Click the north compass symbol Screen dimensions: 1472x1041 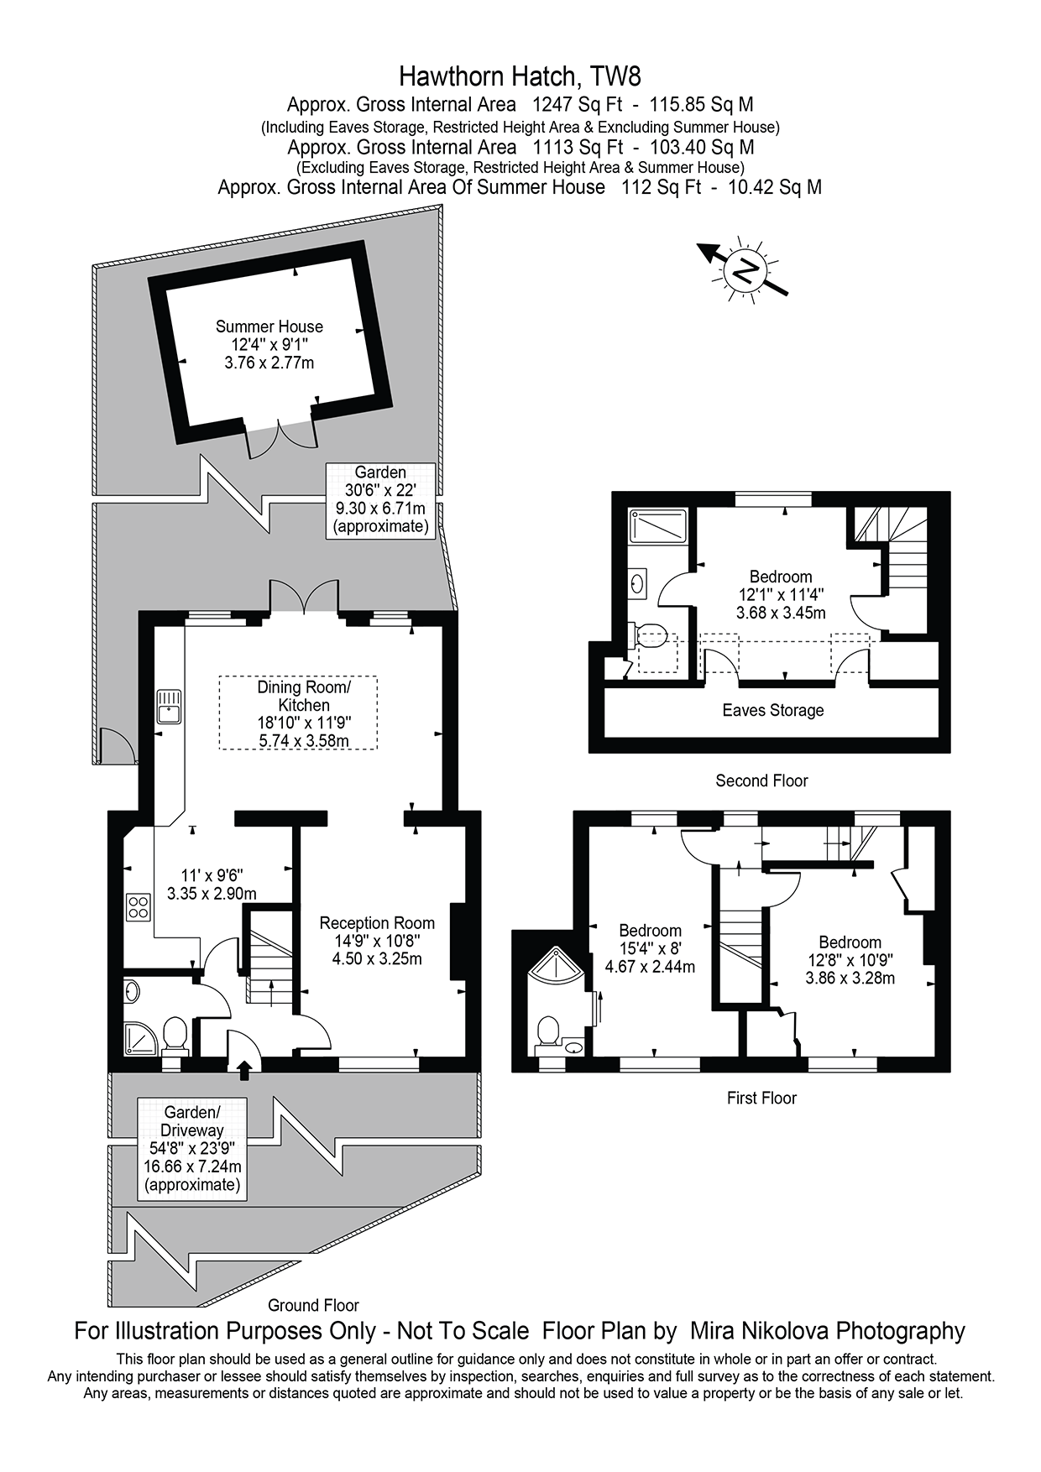[744, 270]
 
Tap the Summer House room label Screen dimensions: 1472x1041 [269, 326]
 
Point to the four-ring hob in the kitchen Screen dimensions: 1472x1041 [138, 907]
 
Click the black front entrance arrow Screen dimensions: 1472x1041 [244, 1069]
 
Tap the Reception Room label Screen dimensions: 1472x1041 [377, 923]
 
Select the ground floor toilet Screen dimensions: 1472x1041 [175, 1034]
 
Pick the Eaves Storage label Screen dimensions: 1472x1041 [772, 710]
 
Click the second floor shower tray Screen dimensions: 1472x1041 [658, 527]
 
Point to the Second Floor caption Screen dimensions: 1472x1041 [761, 780]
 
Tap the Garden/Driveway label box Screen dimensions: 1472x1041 [192, 1148]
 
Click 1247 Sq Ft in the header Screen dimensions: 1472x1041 [578, 105]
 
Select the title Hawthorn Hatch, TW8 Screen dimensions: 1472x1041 [520, 76]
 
